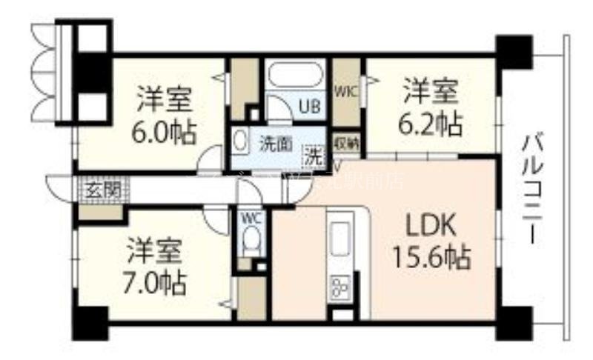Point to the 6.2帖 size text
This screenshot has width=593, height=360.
coord(431,123)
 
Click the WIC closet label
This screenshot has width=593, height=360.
coord(346,92)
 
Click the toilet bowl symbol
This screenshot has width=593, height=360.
coord(251,240)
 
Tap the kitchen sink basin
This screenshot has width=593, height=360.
coord(342,236)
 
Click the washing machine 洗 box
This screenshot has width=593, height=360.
coord(316,156)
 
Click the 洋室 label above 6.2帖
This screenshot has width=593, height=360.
coord(431,93)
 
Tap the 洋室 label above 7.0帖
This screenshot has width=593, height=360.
coord(155,250)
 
